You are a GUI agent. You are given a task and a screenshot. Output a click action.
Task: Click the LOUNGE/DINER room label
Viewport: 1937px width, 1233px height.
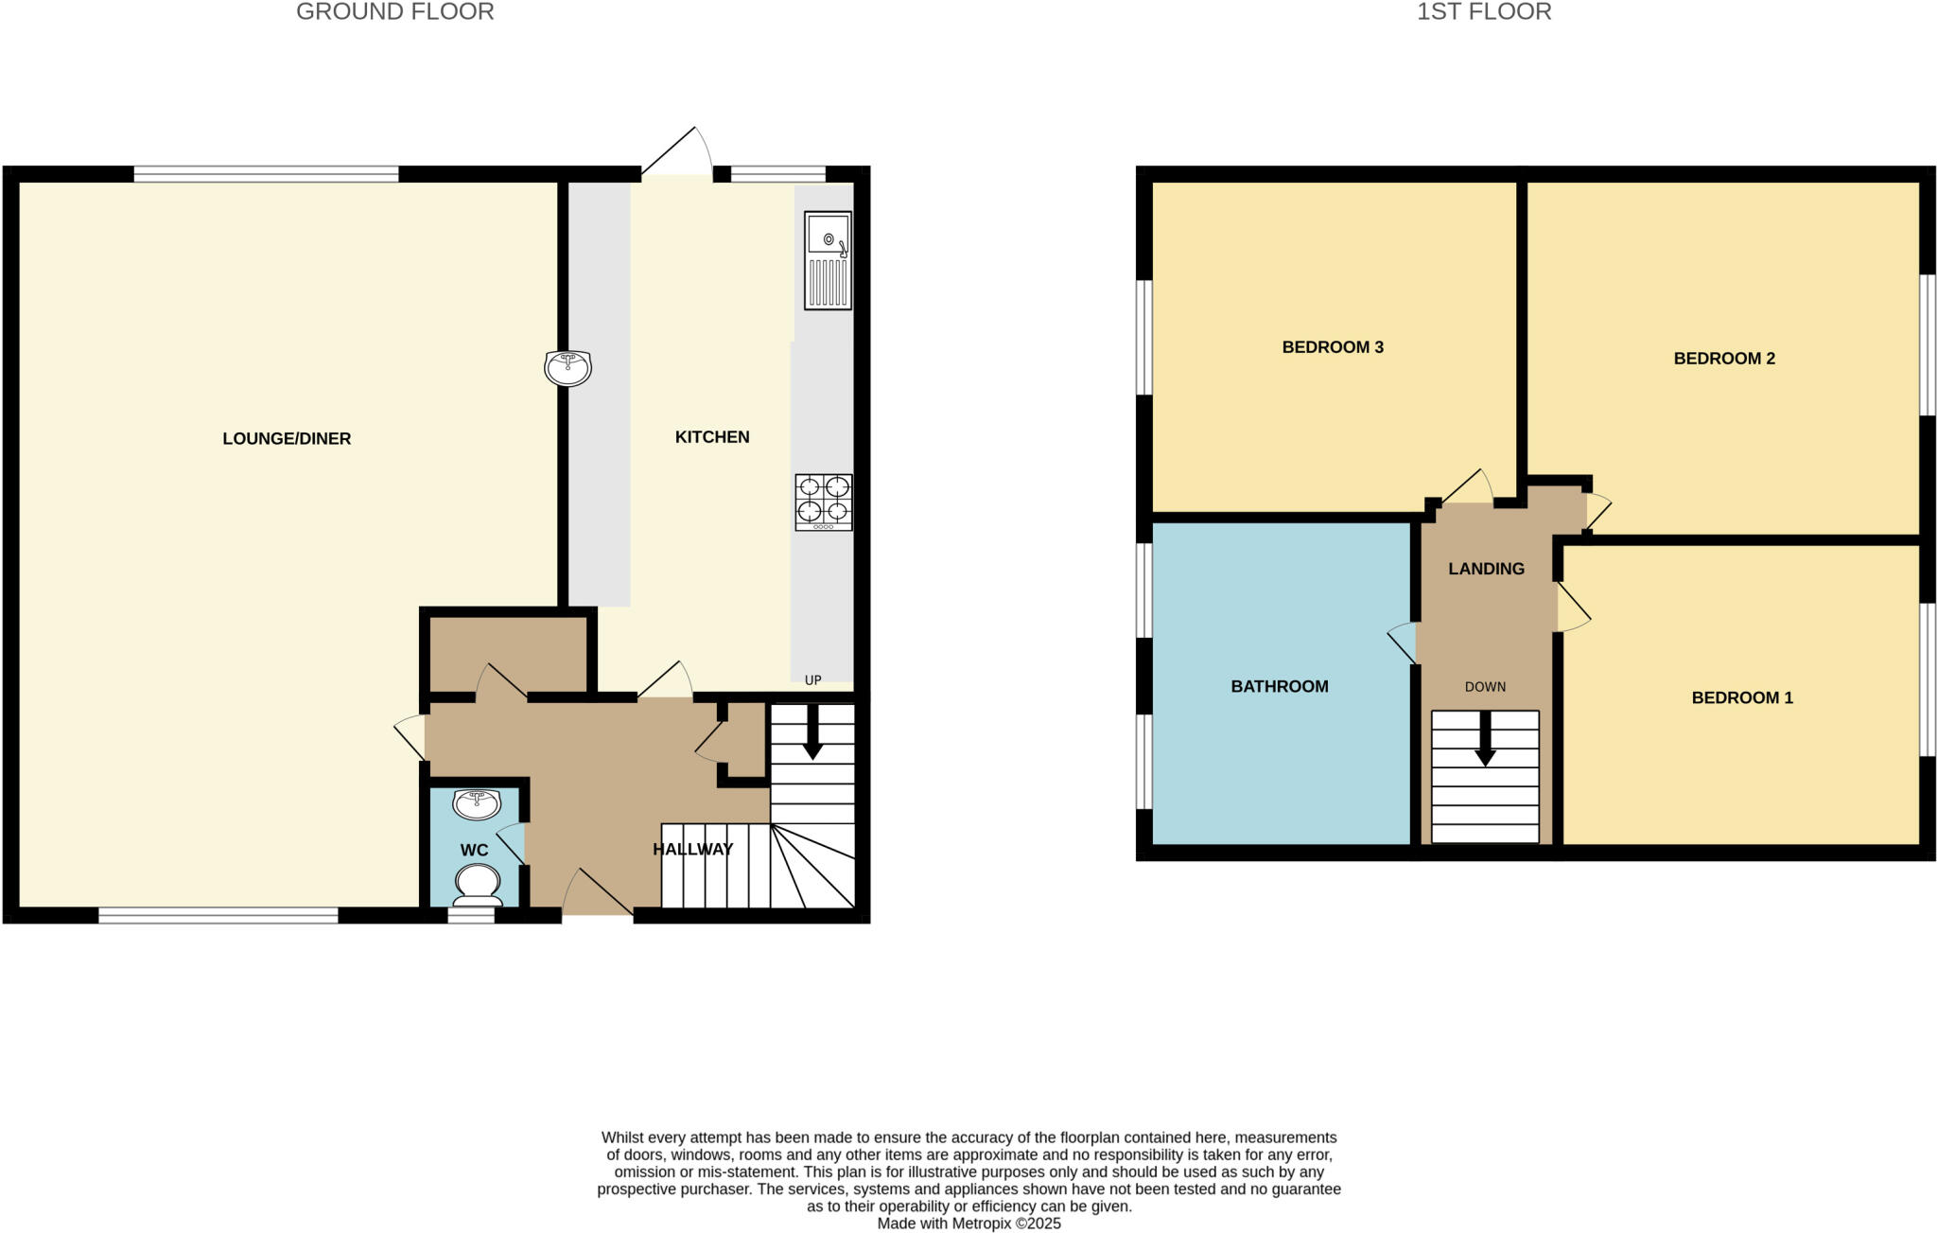(x=287, y=438)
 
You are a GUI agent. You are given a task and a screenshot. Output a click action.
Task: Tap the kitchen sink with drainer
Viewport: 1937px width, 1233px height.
(x=828, y=260)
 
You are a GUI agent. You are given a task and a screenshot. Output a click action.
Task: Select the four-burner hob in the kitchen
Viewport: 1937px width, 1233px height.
(x=824, y=502)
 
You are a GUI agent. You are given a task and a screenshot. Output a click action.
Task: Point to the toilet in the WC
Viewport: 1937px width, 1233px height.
(x=478, y=884)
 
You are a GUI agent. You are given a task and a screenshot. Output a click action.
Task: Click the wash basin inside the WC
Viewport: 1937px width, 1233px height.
(x=477, y=804)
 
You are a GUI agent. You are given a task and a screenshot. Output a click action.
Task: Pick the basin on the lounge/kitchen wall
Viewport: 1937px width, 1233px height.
(x=567, y=367)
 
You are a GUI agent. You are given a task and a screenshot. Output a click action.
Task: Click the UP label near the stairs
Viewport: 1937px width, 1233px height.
(x=812, y=679)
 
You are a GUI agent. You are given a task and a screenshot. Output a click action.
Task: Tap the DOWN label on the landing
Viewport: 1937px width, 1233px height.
(x=1485, y=687)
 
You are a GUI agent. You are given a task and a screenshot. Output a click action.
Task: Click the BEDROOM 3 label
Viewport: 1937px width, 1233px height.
(x=1332, y=347)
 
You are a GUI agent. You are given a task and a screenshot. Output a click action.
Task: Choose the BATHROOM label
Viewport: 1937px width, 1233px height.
(x=1279, y=687)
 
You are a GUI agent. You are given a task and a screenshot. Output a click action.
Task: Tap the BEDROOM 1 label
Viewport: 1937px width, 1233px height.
(x=1741, y=698)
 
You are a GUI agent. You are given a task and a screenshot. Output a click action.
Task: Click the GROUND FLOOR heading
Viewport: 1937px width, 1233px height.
(x=394, y=12)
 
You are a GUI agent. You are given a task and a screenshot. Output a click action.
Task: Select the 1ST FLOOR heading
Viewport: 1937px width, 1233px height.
(x=1483, y=12)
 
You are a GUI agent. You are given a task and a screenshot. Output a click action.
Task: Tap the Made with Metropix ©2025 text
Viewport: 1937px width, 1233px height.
(x=968, y=1224)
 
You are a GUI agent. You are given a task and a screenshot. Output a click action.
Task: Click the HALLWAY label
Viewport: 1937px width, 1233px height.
(x=692, y=850)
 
